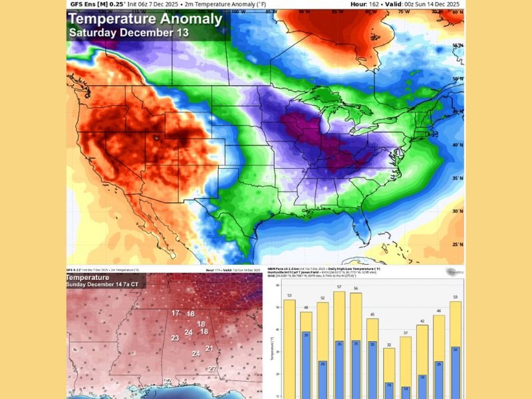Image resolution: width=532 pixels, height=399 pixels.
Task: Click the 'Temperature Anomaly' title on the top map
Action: [x=144, y=19]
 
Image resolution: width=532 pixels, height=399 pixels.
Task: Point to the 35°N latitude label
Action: [x=456, y=178]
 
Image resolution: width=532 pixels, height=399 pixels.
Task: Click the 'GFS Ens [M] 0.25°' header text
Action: [x=96, y=3]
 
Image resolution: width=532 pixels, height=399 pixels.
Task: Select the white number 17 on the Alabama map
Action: [x=176, y=313]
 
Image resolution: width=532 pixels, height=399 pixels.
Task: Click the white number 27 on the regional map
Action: [x=212, y=369]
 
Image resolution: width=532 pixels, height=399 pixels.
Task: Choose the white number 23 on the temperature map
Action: [x=174, y=338]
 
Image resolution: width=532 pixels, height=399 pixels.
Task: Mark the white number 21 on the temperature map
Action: [x=209, y=348]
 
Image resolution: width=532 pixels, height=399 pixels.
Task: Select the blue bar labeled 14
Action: [x=406, y=392]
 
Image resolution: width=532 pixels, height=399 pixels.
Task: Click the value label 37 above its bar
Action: [x=406, y=332]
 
